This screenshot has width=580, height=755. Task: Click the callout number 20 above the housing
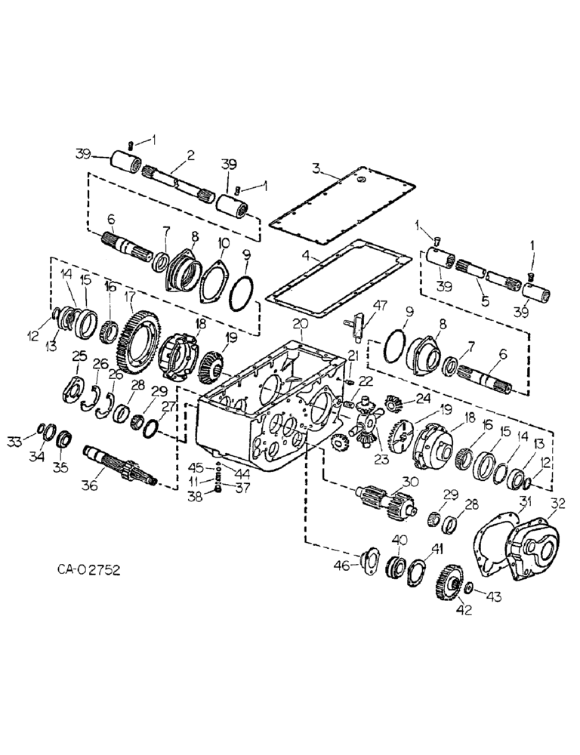point(301,322)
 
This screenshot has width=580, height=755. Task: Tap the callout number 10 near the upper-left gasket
point(224,242)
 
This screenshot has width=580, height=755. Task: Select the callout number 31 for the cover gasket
point(526,502)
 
